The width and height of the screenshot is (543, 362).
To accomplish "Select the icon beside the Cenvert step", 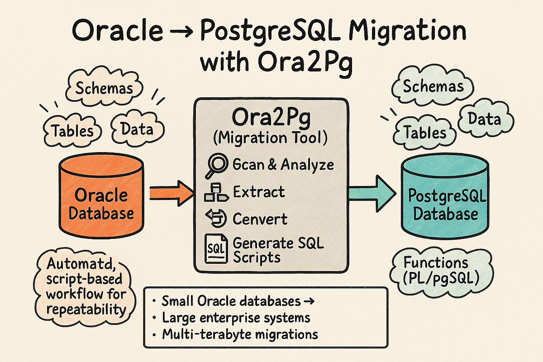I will click(214, 219).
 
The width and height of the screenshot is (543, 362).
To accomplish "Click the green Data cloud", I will click(484, 119).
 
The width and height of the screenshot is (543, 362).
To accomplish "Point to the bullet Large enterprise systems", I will click(235, 318).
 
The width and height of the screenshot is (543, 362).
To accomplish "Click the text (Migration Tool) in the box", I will click(270, 138).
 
